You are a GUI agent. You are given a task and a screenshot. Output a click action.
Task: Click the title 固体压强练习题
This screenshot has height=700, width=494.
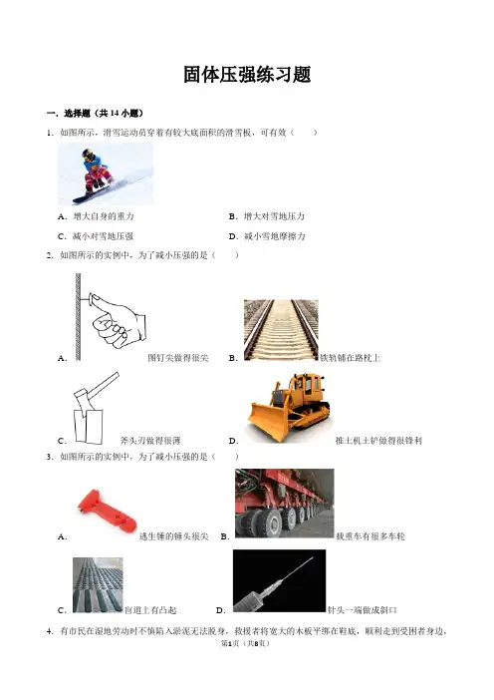[247, 75]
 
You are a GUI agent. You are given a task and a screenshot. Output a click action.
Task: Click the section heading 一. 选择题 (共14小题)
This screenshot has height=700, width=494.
[95, 114]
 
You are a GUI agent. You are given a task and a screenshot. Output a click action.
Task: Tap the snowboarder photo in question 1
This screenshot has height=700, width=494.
[106, 174]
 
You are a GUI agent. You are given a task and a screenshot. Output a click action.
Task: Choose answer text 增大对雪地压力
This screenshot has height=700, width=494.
[274, 216]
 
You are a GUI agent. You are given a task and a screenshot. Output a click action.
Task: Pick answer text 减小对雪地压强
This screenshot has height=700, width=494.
[103, 236]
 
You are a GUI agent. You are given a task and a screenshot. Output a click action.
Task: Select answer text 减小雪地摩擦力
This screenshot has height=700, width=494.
[275, 236]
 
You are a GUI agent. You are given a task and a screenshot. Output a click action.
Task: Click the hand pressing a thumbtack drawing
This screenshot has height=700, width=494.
[111, 317]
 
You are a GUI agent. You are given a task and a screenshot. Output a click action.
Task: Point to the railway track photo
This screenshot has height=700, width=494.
[281, 330]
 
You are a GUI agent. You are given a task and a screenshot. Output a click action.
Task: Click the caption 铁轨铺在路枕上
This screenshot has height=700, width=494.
[351, 358]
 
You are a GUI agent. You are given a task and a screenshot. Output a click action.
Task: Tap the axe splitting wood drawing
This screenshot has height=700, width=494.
[94, 408]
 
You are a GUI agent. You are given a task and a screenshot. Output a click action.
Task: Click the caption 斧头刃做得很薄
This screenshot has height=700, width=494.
[150, 441]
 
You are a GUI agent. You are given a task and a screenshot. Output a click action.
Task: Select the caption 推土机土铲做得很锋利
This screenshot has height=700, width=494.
[378, 441]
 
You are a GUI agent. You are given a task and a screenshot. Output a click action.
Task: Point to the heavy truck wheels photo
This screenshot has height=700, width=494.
[285, 504]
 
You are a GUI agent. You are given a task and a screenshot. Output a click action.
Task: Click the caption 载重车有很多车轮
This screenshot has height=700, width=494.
[370, 536]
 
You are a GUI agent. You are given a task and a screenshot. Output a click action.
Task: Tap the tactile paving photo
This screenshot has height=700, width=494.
[98, 584]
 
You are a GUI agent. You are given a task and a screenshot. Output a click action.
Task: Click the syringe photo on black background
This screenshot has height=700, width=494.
[279, 580]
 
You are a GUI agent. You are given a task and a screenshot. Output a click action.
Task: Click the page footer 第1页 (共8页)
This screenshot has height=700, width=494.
[246, 643]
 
